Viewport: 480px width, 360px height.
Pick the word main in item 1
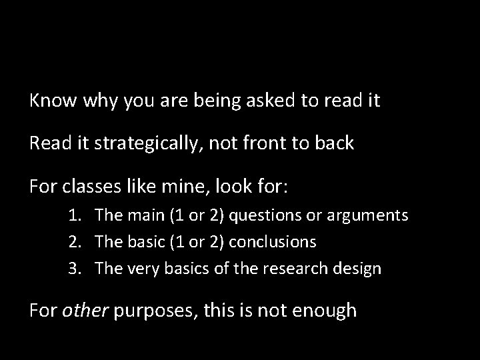pyautogui.click(x=141, y=215)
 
